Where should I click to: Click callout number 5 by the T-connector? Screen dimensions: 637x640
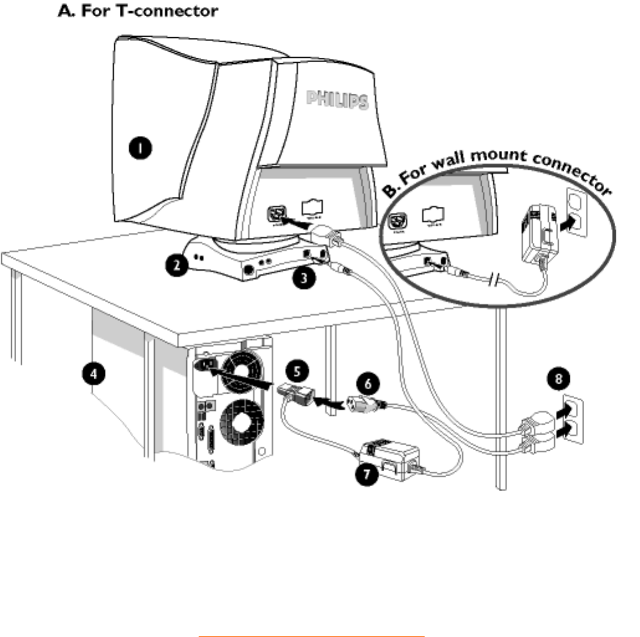(x=297, y=372)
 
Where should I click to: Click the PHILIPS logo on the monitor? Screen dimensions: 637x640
(x=336, y=99)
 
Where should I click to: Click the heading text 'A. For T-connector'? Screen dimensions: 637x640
(x=137, y=12)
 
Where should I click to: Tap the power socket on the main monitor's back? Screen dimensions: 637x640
(x=274, y=214)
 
